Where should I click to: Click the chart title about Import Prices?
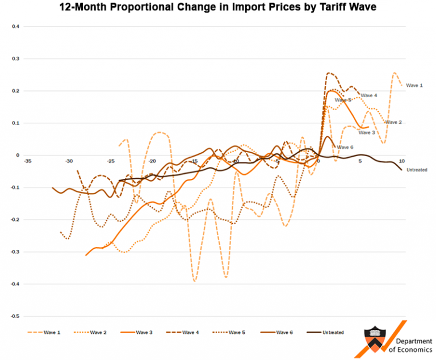point(218,8)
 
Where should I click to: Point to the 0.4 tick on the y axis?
point(15,27)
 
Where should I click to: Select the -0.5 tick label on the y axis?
point(15,316)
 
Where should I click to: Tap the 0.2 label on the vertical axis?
point(15,91)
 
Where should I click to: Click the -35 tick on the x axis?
point(27,161)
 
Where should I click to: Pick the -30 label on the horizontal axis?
point(69,161)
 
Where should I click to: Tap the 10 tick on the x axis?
point(401,161)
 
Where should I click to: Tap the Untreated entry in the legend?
point(333,332)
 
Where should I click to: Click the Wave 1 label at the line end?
point(414,85)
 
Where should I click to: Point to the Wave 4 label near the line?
point(369,95)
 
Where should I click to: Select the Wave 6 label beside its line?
point(345,147)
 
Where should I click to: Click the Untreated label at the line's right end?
point(417,170)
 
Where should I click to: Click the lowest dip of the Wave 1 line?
point(195,281)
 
